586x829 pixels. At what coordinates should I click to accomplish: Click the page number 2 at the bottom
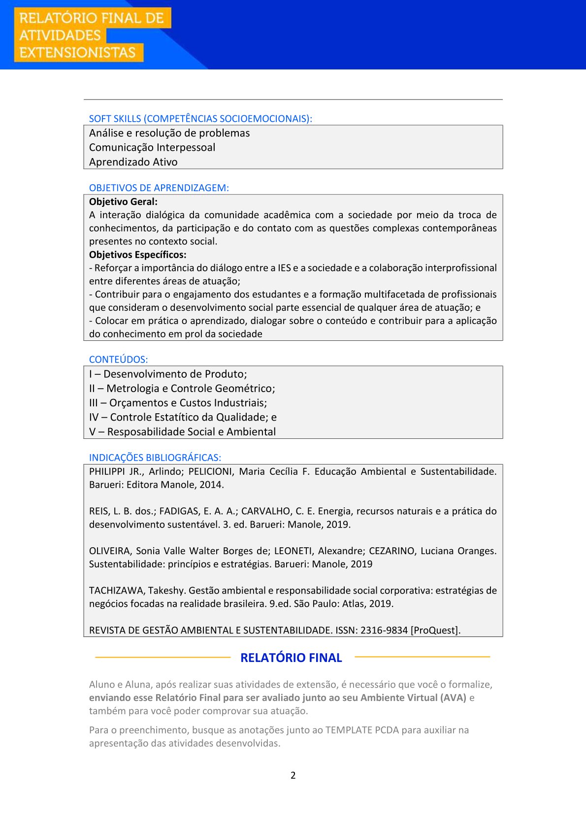(x=293, y=775)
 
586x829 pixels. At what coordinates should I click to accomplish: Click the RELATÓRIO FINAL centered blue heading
(x=291, y=658)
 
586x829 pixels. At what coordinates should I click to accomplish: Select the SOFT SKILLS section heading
(x=200, y=119)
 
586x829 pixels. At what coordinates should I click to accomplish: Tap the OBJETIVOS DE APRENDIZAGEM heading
(x=159, y=188)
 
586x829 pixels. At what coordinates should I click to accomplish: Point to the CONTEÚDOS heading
(x=118, y=360)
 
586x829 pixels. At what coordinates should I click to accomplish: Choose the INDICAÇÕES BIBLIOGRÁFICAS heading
(x=155, y=458)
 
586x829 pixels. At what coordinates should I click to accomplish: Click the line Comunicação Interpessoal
(x=152, y=147)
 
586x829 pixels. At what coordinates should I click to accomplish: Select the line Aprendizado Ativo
(x=133, y=162)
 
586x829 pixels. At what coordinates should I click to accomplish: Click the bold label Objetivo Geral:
(x=123, y=201)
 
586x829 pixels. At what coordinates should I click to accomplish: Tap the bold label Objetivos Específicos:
(x=137, y=255)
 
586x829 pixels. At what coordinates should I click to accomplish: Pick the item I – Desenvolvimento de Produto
(x=168, y=374)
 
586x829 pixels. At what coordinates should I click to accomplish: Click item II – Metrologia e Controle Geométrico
(x=182, y=388)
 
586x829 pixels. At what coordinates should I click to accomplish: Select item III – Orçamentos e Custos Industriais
(x=178, y=403)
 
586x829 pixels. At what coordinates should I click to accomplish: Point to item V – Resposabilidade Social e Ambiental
(x=182, y=432)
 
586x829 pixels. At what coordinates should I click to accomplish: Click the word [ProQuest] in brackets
(x=435, y=630)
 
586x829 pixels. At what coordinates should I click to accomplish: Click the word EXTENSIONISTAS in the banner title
(x=77, y=53)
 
